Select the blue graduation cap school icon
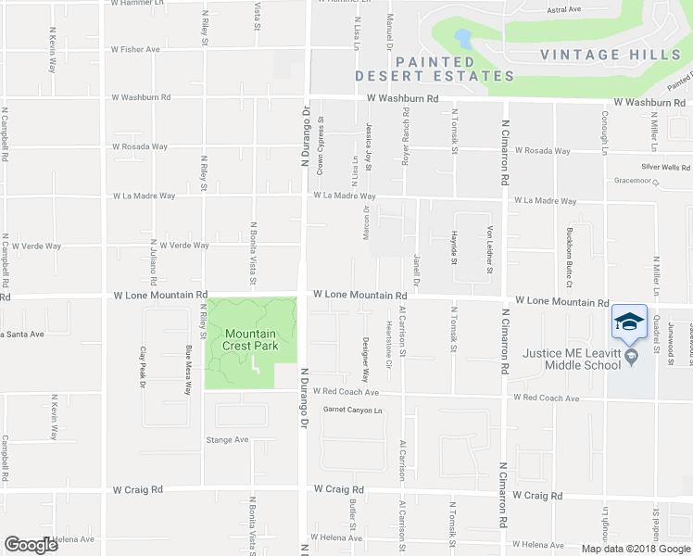pos(629,322)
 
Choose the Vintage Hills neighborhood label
pos(611,55)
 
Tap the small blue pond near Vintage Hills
pos(461,39)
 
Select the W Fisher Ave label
pos(135,49)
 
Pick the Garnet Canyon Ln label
pos(352,410)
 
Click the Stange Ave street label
pos(228,439)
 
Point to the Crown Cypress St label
pos(321,145)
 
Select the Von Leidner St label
pos(489,250)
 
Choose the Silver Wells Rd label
pos(666,167)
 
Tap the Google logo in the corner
pos(31,545)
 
